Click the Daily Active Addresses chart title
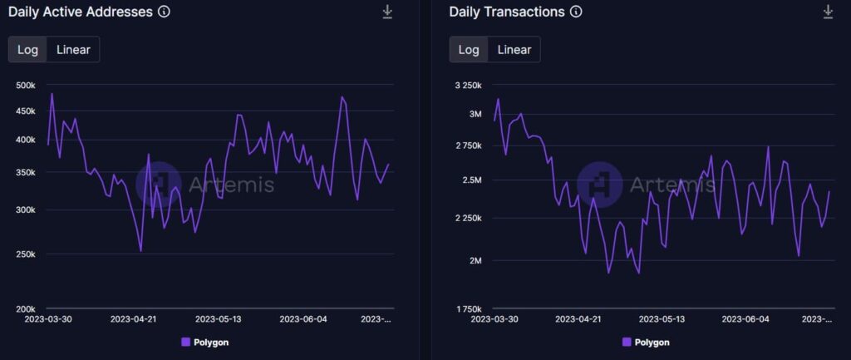[x=81, y=12]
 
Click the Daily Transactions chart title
[x=507, y=12]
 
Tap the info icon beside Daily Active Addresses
[x=164, y=12]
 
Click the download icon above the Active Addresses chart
[x=387, y=12]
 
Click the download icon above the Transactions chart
[x=828, y=12]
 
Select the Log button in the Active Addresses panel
[x=28, y=49]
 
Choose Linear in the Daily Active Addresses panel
[x=73, y=49]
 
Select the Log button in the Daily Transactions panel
[x=469, y=49]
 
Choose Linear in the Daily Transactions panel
[x=514, y=49]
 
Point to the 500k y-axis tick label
[x=25, y=86]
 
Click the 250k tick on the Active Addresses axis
[x=25, y=254]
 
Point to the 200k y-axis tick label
[x=25, y=308]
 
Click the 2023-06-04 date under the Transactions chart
[x=745, y=318]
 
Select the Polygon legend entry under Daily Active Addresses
[x=204, y=342]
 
